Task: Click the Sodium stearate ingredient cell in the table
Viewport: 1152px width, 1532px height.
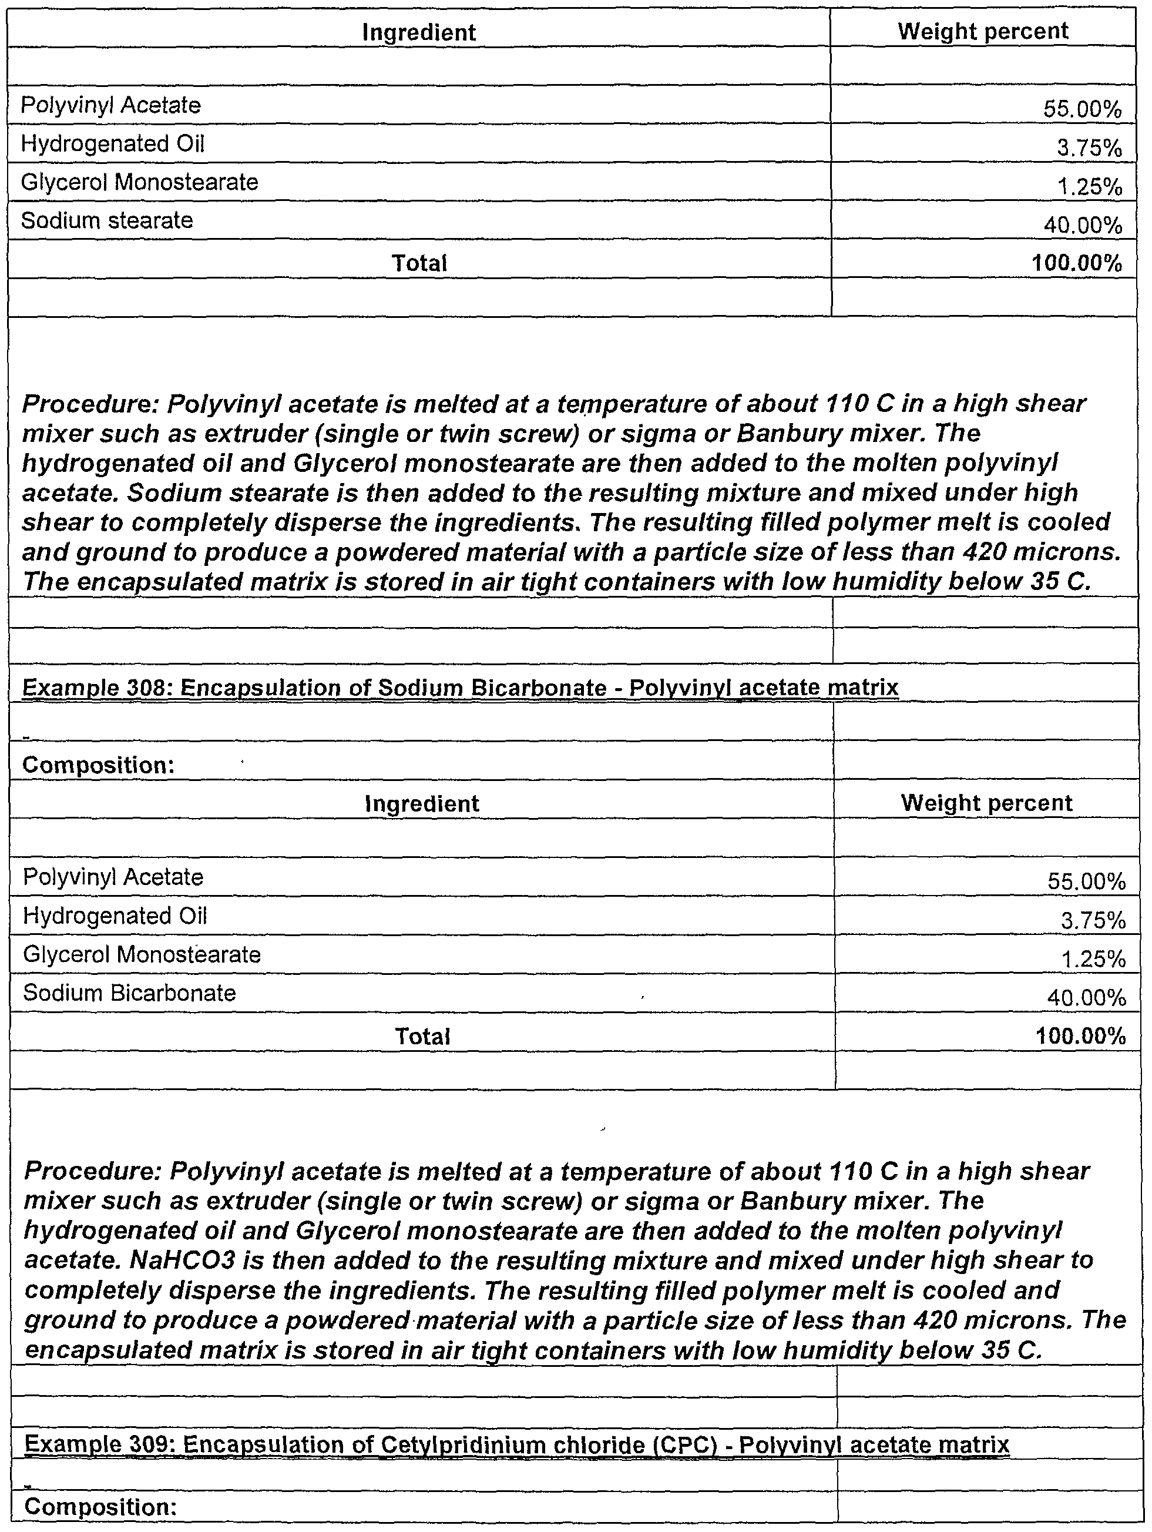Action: pyautogui.click(x=108, y=221)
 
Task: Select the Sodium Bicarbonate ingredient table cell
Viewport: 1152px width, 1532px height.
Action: pyautogui.click(x=129, y=993)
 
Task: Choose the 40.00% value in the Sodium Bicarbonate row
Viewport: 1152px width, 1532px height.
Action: pyautogui.click(x=1086, y=997)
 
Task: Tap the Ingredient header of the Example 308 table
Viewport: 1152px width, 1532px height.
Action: pyautogui.click(x=422, y=803)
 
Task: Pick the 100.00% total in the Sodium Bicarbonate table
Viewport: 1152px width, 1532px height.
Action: pyautogui.click(x=1081, y=1036)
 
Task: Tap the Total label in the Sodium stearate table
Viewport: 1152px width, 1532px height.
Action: pyautogui.click(x=419, y=263)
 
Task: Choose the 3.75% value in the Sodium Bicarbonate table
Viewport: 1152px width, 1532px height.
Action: pyautogui.click(x=1093, y=920)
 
